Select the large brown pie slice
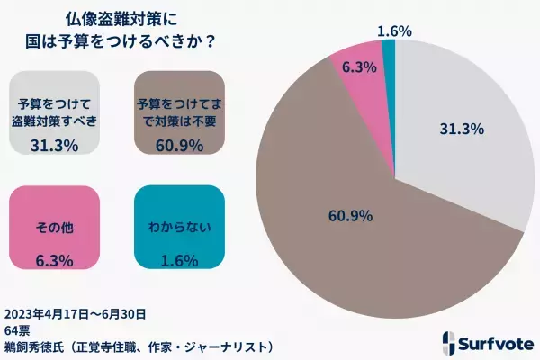[360, 243]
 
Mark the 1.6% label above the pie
[395, 30]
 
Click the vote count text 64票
[18, 329]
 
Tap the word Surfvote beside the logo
[498, 343]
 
